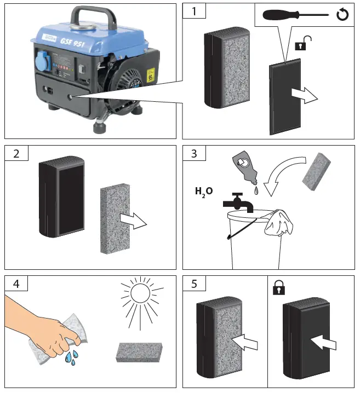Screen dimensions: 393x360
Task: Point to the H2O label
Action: click(204, 192)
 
